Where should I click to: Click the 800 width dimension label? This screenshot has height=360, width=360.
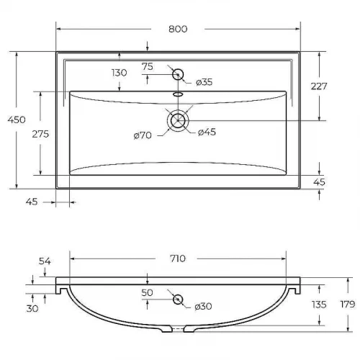178,29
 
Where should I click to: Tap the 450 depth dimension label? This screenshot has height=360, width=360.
17,120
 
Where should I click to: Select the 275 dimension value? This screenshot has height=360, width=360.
40,134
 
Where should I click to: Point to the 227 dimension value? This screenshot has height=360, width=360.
319,86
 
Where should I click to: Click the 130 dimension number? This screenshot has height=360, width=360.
120,73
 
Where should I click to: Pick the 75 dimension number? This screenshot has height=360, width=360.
148,66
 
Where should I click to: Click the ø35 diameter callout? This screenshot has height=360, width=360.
204,82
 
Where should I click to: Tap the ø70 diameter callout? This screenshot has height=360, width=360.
143,135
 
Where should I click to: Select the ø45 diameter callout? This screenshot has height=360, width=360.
207,132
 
